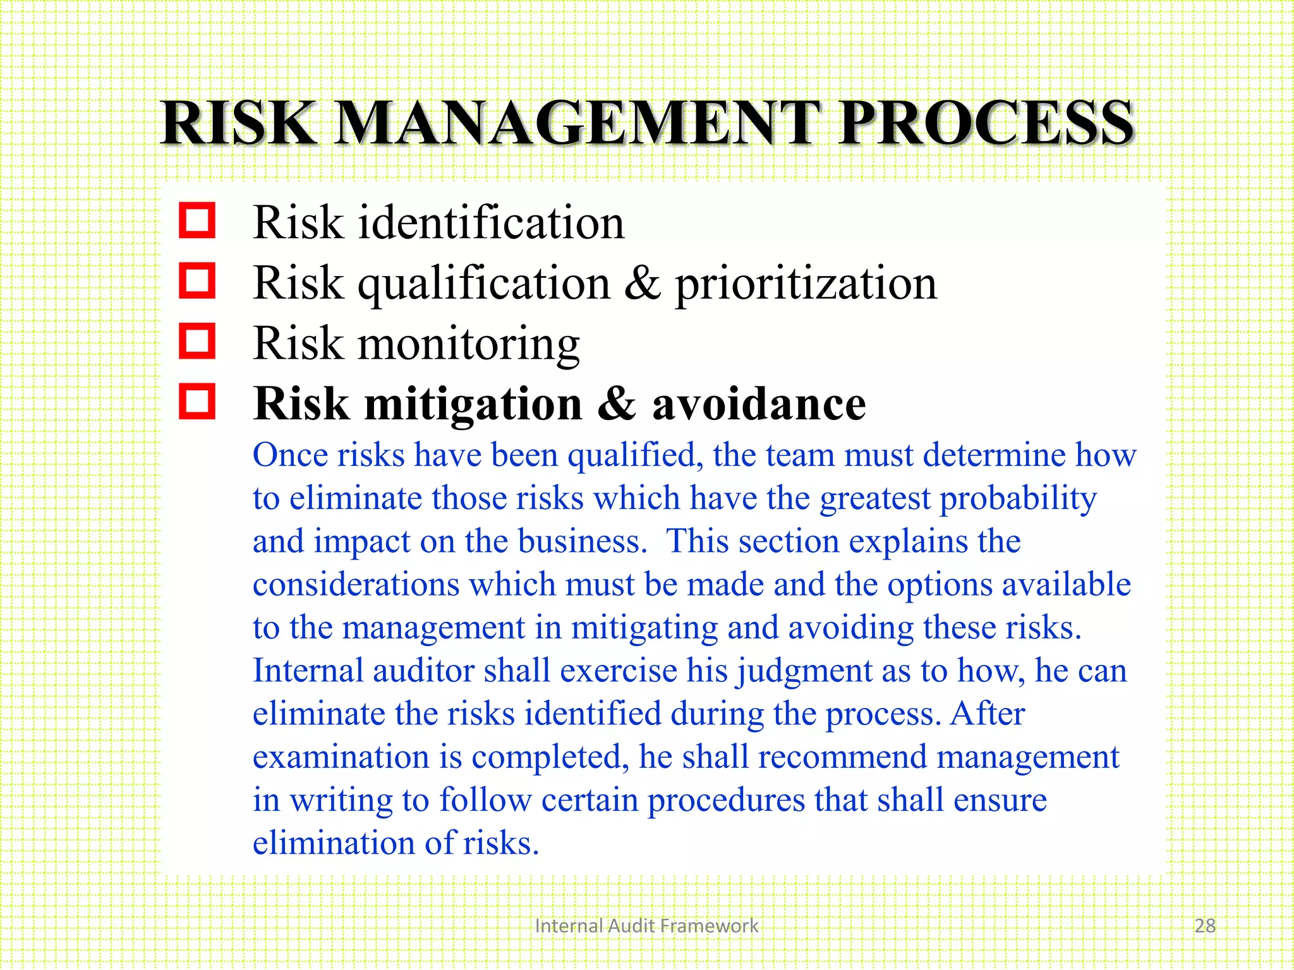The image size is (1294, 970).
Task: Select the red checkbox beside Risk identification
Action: click(197, 220)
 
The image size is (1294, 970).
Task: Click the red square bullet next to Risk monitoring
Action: click(197, 341)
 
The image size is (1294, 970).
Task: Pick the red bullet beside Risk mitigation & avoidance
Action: click(197, 401)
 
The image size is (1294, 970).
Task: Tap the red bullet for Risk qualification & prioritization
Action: click(197, 280)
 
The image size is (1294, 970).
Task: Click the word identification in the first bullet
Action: click(491, 222)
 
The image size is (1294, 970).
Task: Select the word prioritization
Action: click(806, 284)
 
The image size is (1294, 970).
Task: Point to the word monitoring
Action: click(468, 344)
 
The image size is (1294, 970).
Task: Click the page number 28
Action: click(1205, 926)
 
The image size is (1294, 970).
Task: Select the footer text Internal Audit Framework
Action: click(646, 926)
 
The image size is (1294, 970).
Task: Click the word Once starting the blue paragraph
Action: click(290, 455)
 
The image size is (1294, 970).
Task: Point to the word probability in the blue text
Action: click(1019, 500)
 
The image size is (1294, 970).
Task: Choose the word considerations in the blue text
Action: click(356, 584)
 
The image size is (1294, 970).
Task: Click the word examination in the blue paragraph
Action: click(341, 757)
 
